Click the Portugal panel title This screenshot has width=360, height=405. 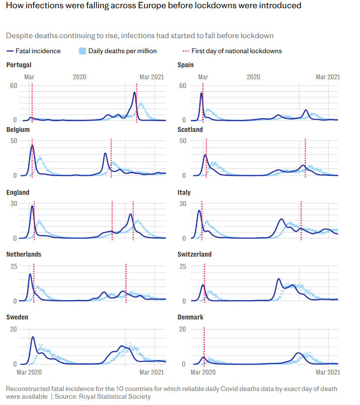tap(19, 65)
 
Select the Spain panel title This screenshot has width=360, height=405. tap(186, 65)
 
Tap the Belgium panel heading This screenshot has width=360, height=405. tap(18, 130)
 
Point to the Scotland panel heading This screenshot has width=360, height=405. tap(190, 130)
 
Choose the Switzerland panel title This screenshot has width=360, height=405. tap(194, 254)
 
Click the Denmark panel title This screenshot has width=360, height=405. tap(190, 317)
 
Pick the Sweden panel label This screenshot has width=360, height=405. tap(17, 317)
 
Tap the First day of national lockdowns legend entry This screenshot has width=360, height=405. tap(236, 51)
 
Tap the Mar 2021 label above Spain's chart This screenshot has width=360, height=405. tap(328, 77)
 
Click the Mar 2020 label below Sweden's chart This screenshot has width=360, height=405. tap(30, 372)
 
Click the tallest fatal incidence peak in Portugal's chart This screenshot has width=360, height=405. tap(134, 92)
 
